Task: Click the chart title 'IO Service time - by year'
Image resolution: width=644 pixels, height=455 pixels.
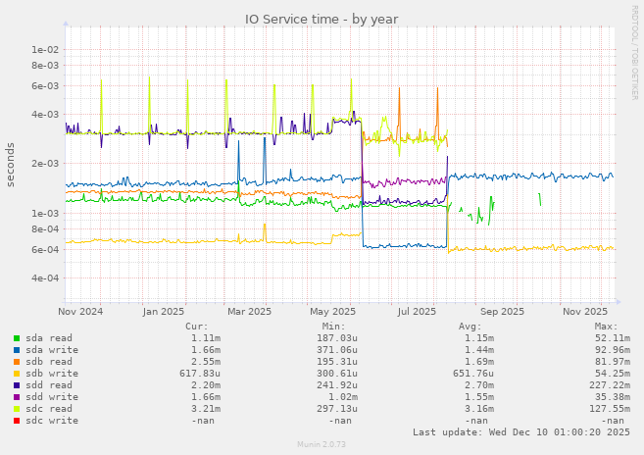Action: point(322,19)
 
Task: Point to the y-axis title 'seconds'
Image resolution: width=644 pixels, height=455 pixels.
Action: point(11,165)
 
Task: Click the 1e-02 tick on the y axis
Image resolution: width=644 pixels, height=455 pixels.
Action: point(46,49)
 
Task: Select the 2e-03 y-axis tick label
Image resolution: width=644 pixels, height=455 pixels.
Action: point(46,164)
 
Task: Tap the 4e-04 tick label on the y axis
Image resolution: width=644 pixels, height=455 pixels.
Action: point(46,278)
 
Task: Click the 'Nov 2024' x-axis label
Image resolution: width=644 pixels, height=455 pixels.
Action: point(80,312)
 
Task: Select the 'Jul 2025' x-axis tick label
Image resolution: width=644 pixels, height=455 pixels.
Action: point(418,312)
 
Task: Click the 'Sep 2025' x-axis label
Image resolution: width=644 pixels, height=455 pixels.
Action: point(503,312)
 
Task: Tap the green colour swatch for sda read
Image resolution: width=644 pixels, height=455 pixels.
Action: point(17,338)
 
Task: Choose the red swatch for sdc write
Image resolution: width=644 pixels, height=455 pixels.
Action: point(17,421)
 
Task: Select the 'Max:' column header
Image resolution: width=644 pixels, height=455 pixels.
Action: point(606,327)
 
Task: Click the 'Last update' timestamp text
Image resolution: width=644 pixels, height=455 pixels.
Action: point(521,432)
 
